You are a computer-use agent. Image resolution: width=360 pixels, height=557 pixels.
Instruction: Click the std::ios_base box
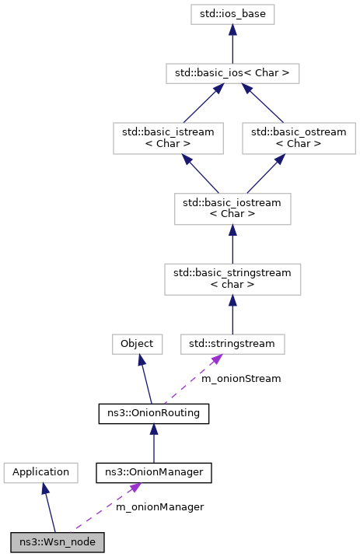click(x=232, y=13)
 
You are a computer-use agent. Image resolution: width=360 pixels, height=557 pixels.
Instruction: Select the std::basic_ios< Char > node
click(x=232, y=74)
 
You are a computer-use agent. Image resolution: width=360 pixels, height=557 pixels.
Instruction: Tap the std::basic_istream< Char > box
click(x=168, y=138)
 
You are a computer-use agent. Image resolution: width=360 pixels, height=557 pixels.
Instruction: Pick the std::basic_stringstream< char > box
click(x=232, y=278)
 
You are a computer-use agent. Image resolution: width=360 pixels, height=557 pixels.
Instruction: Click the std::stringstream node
click(x=232, y=342)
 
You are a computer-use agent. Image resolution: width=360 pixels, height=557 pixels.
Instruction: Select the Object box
click(x=138, y=342)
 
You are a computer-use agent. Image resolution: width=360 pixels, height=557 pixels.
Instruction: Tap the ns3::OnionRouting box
click(x=153, y=413)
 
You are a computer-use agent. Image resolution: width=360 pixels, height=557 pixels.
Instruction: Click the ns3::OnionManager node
click(x=153, y=471)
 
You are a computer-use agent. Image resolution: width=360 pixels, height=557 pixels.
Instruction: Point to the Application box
click(x=40, y=471)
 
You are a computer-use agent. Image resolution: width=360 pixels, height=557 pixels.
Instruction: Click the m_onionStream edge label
click(x=241, y=379)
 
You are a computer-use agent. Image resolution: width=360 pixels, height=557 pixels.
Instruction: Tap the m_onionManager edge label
click(x=159, y=507)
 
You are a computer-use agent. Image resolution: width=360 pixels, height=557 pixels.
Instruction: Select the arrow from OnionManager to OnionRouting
click(x=153, y=443)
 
